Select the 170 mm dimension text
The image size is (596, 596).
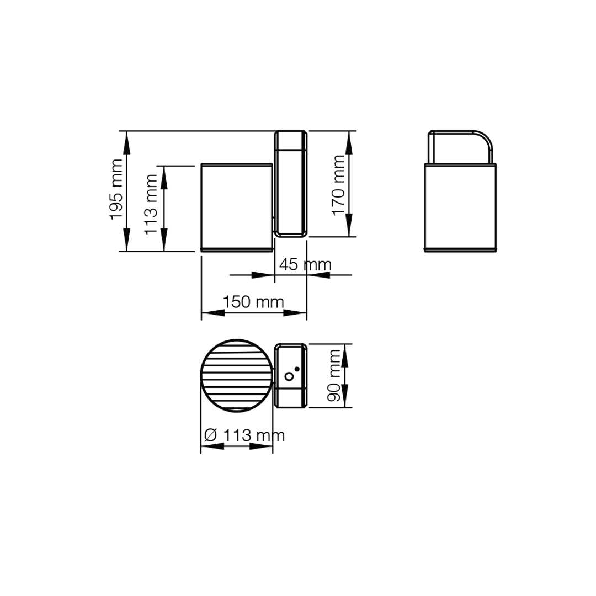click(x=338, y=185)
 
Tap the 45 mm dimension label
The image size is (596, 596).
click(x=305, y=264)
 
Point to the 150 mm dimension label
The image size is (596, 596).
click(x=253, y=302)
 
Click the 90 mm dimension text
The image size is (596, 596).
click(x=334, y=376)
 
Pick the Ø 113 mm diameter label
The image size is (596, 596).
click(x=244, y=435)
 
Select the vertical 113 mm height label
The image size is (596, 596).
click(x=151, y=205)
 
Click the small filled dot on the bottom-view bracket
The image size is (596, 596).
click(x=297, y=369)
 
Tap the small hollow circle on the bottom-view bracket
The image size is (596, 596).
click(x=289, y=376)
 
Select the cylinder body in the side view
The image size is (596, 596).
click(x=237, y=207)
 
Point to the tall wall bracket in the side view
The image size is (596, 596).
click(x=291, y=184)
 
